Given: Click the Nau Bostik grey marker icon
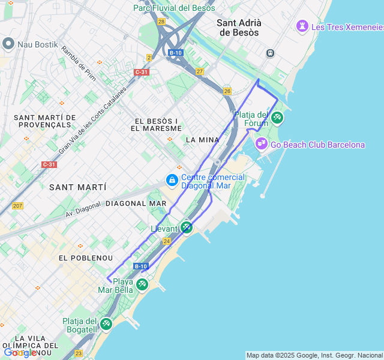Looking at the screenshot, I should click(x=8, y=44).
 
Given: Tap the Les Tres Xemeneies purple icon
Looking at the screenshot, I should click(x=302, y=26).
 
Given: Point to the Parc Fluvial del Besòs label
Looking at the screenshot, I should click(x=174, y=8).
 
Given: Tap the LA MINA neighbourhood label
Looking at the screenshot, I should click(x=202, y=140).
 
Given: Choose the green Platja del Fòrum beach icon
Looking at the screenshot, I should click(x=277, y=117).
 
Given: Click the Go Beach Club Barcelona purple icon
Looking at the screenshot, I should click(x=261, y=143).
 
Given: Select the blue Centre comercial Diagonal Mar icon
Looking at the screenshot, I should click(x=172, y=180).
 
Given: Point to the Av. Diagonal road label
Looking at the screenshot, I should click(x=85, y=210).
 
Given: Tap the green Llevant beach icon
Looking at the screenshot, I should click(x=187, y=227).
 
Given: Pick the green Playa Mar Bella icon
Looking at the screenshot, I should click(x=142, y=284).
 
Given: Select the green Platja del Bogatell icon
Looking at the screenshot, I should click(x=106, y=324).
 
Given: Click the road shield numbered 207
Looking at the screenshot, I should click(x=17, y=206).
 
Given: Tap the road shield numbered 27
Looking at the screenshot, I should click(x=199, y=71).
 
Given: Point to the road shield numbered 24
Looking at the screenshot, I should click(x=167, y=241).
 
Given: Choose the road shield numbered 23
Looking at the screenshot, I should click(x=78, y=354).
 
